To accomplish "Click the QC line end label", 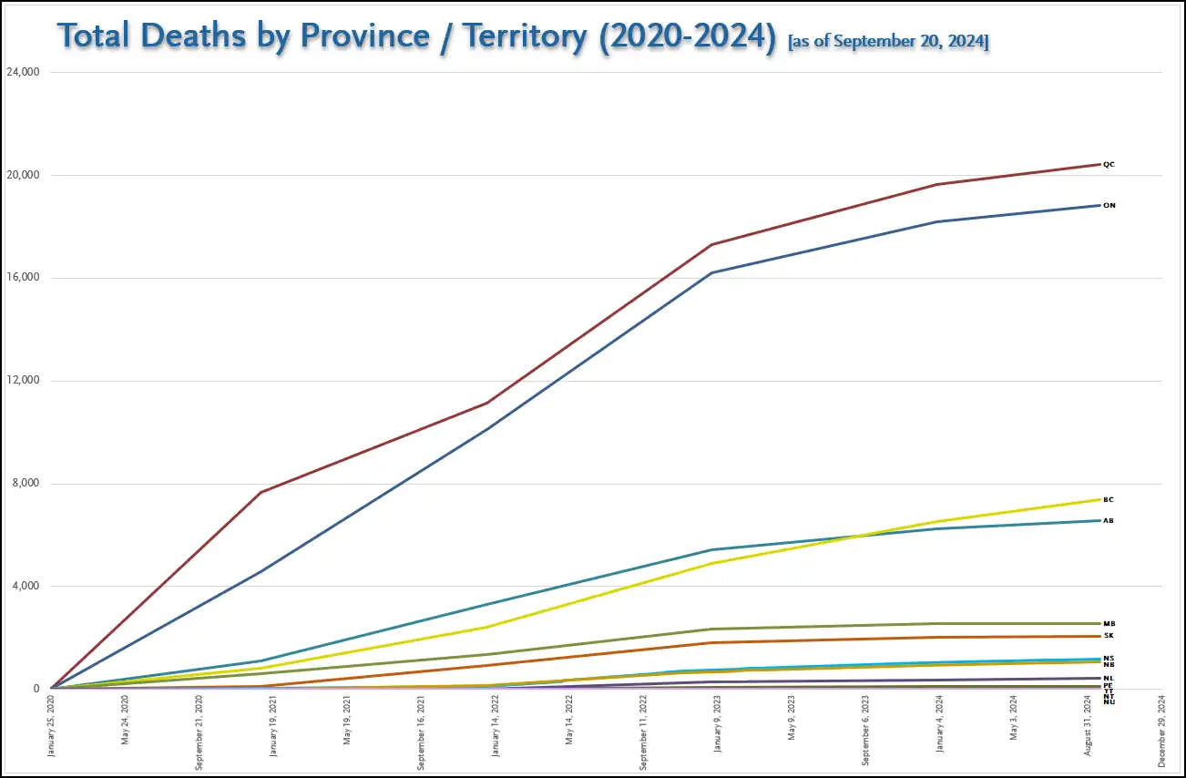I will click(1109, 165).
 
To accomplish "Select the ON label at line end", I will click(1109, 206).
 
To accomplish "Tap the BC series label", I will click(1109, 500).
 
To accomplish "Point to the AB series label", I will click(1109, 521).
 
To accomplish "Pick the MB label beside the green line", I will click(1109, 624).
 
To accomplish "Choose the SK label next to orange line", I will click(1109, 636).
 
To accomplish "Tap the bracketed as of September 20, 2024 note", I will click(888, 42).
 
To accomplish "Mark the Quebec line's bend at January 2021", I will click(261, 492).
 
